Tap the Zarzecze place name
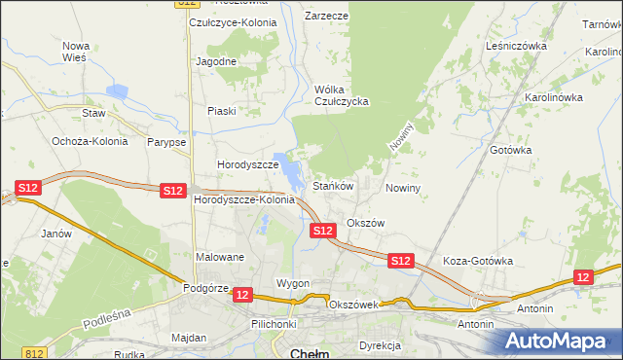coord(326,17)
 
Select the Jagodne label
coord(216,61)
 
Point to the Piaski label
coord(221,111)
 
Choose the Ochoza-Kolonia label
coord(91,141)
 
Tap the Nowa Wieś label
coord(75,52)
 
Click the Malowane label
coord(220,258)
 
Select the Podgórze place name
coord(205,287)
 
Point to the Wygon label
coord(292,283)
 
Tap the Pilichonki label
coord(273,323)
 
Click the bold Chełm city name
coord(311,352)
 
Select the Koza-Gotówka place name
coord(477,261)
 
